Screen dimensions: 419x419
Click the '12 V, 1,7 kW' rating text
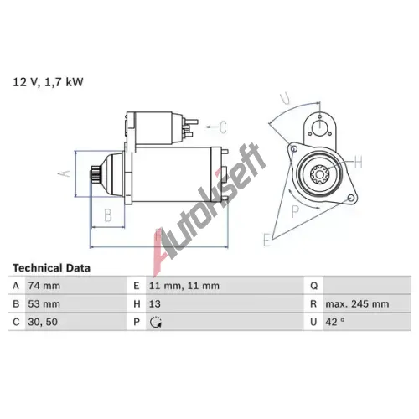(x=48, y=82)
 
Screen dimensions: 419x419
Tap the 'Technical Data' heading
(x=52, y=268)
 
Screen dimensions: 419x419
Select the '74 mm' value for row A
(x=44, y=286)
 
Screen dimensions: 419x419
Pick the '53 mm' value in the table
(x=44, y=304)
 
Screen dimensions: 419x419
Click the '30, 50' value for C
(x=43, y=322)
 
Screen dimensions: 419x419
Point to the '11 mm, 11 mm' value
(x=184, y=286)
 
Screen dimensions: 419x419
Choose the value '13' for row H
(x=155, y=304)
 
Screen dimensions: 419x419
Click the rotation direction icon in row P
(x=156, y=322)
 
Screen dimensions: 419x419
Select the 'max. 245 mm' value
(x=357, y=304)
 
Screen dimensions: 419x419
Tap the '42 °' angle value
(x=335, y=322)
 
